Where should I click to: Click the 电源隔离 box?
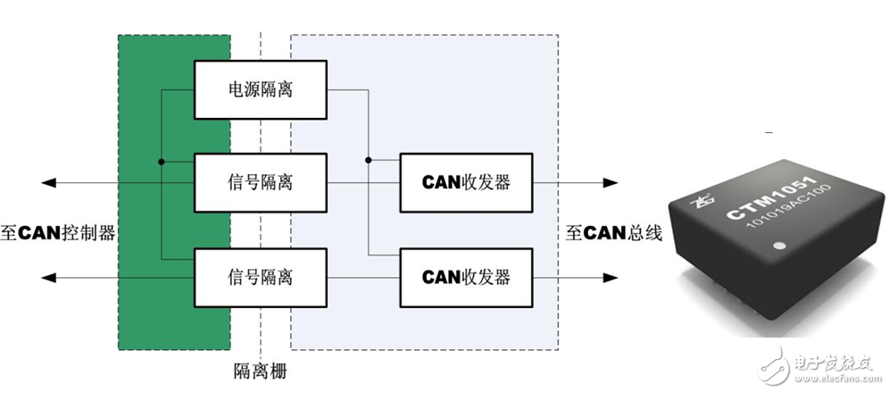pyautogui.click(x=261, y=90)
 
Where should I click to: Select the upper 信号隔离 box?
pyautogui.click(x=261, y=182)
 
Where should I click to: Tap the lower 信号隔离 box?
pyautogui.click(x=261, y=277)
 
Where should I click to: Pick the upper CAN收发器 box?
pyautogui.click(x=466, y=182)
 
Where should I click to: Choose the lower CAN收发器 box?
pyautogui.click(x=466, y=277)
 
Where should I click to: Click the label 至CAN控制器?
pyautogui.click(x=60, y=233)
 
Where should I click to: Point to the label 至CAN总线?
pyautogui.click(x=613, y=233)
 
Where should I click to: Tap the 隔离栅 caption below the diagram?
pyautogui.click(x=260, y=369)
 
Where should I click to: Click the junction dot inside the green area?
pyautogui.click(x=162, y=163)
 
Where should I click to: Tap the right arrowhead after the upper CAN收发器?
pyautogui.click(x=610, y=183)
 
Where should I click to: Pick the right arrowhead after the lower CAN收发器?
pyautogui.click(x=610, y=278)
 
